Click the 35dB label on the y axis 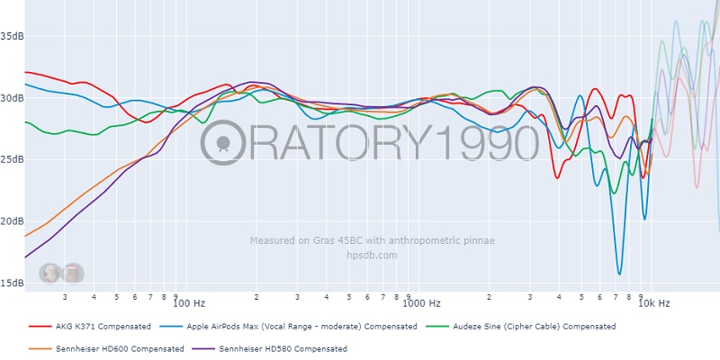coord(12,37)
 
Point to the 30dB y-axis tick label coord(12,98)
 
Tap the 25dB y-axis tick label coord(12,160)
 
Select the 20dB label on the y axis coord(12,221)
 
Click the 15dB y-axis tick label coord(12,283)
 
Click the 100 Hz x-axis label coord(188,304)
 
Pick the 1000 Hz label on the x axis coord(421,304)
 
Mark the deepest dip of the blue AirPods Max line coord(619,274)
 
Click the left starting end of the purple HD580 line coord(25,257)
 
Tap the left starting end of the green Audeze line coord(25,121)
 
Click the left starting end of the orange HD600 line coord(25,237)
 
